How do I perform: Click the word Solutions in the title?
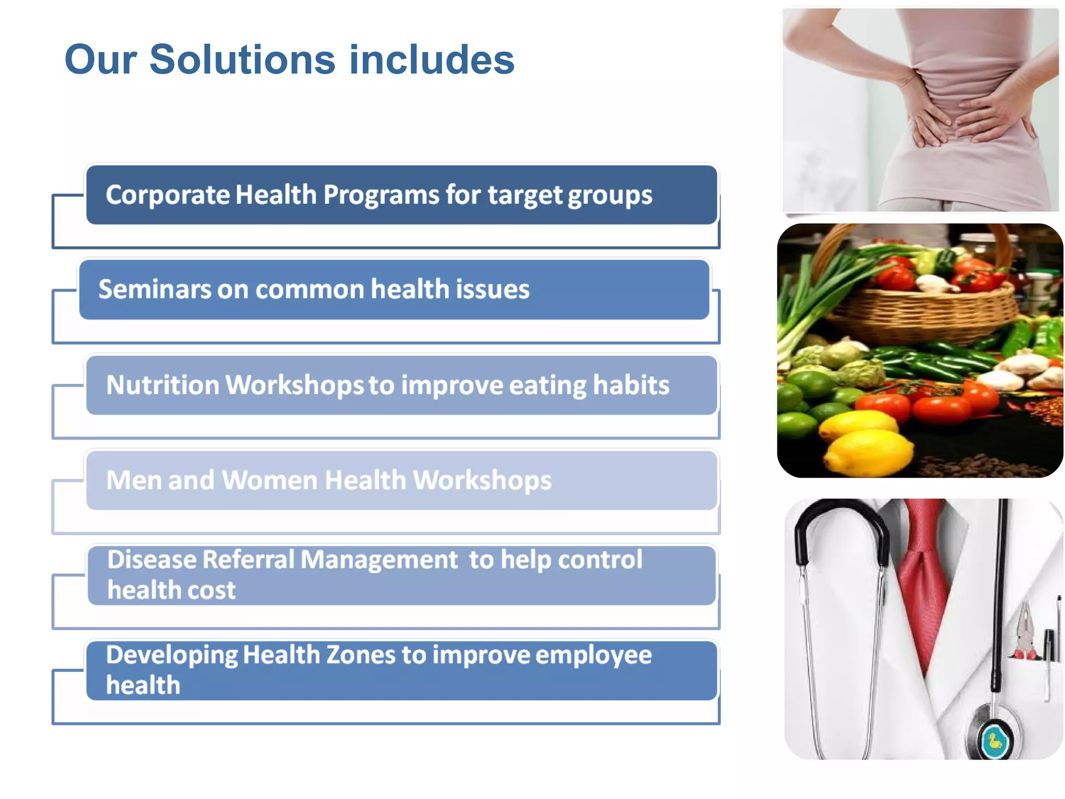pos(242,59)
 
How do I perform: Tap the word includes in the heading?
pos(432,59)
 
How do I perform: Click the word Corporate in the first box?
pos(167,195)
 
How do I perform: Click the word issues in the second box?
pos(492,289)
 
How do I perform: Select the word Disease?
pos(152,560)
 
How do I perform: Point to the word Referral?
pos(249,560)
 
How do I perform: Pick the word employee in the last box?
pos(593,655)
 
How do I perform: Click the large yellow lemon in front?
pos(868,453)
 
